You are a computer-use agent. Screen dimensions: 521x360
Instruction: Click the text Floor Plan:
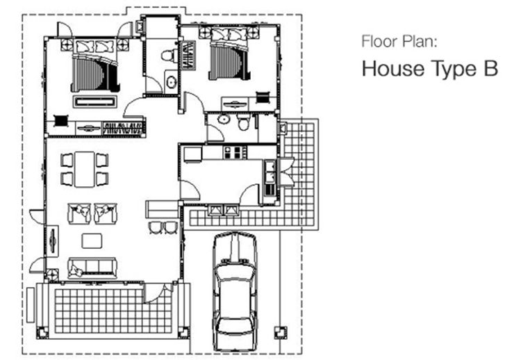click(x=399, y=41)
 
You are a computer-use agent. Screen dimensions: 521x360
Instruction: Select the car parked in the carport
click(x=235, y=291)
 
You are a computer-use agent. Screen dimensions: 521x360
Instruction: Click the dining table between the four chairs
click(x=84, y=169)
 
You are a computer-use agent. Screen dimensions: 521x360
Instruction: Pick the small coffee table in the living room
click(x=92, y=241)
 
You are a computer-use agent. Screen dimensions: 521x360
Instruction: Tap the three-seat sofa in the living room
click(x=92, y=268)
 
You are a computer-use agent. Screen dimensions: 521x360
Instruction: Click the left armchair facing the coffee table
click(x=79, y=213)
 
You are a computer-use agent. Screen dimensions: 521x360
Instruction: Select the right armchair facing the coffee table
click(x=106, y=213)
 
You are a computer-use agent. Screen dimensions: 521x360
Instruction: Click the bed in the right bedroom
click(x=229, y=54)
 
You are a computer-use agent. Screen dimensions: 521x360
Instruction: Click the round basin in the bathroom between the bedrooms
click(x=172, y=81)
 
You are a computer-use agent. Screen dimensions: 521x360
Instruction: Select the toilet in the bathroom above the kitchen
click(x=244, y=122)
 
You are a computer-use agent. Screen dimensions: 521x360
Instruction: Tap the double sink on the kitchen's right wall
click(x=270, y=171)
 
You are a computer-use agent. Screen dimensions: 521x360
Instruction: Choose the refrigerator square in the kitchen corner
click(x=192, y=154)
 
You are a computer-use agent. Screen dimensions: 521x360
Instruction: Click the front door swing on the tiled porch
click(x=157, y=293)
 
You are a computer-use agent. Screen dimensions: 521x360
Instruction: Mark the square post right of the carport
click(x=281, y=332)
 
